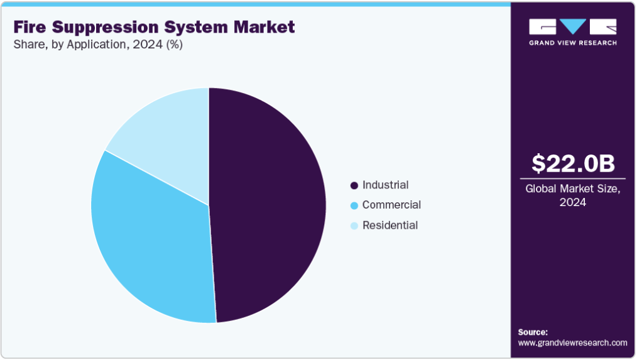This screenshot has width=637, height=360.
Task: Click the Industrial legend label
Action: [x=385, y=185]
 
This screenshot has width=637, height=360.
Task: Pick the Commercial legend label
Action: [x=391, y=205]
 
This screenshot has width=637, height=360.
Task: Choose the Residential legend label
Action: [x=389, y=225]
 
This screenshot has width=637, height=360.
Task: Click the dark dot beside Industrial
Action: [x=354, y=185]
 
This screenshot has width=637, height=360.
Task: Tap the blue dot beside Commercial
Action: [x=354, y=205]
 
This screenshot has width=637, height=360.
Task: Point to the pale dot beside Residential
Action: [x=354, y=226]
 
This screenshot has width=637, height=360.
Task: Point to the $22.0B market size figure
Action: [x=573, y=163]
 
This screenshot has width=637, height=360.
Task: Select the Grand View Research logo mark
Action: [x=572, y=26]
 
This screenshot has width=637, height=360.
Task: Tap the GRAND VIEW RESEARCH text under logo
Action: [x=572, y=43]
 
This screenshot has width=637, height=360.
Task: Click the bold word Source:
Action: [x=533, y=332]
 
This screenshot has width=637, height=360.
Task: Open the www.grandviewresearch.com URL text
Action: [x=572, y=342]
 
